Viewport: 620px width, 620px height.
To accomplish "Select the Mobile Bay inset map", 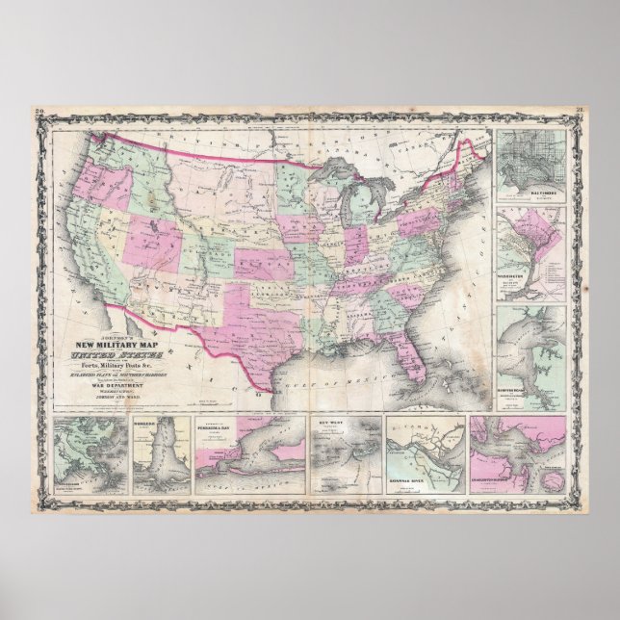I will [x=160, y=454].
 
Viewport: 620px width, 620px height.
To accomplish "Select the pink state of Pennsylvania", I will [x=419, y=222].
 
